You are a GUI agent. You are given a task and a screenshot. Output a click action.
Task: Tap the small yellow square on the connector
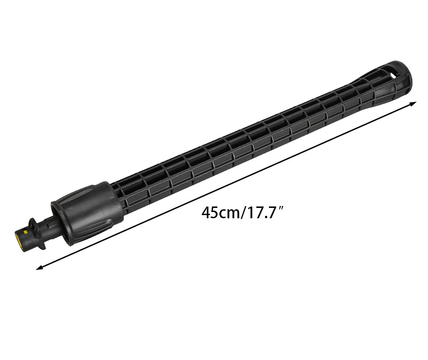pyautogui.click(x=26, y=232)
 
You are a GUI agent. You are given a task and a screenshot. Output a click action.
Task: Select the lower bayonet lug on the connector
pyautogui.click(x=41, y=246)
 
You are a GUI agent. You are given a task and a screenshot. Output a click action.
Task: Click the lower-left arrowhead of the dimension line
pyautogui.click(x=40, y=268)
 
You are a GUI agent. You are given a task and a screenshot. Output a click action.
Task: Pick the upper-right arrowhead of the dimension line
pyautogui.click(x=413, y=103)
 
